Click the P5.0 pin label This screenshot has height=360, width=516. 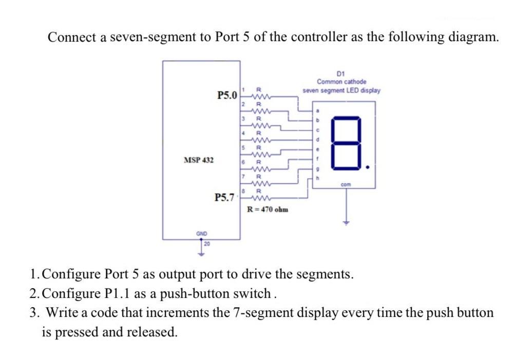[x=227, y=95]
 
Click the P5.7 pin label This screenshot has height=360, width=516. [x=224, y=197]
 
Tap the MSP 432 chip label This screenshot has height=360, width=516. [x=198, y=160]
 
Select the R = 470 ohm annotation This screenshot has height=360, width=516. [x=267, y=210]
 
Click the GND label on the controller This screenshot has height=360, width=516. [x=201, y=234]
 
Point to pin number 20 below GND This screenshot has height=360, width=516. [x=207, y=244]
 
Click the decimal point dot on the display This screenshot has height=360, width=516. [x=367, y=167]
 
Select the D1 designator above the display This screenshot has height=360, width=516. [x=341, y=74]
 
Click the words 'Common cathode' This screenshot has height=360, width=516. [x=341, y=82]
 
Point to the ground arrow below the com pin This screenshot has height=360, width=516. [x=346, y=222]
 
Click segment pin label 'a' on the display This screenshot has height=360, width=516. [x=318, y=110]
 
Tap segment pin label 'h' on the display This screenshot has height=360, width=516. [x=318, y=178]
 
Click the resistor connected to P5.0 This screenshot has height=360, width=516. [x=259, y=97]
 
